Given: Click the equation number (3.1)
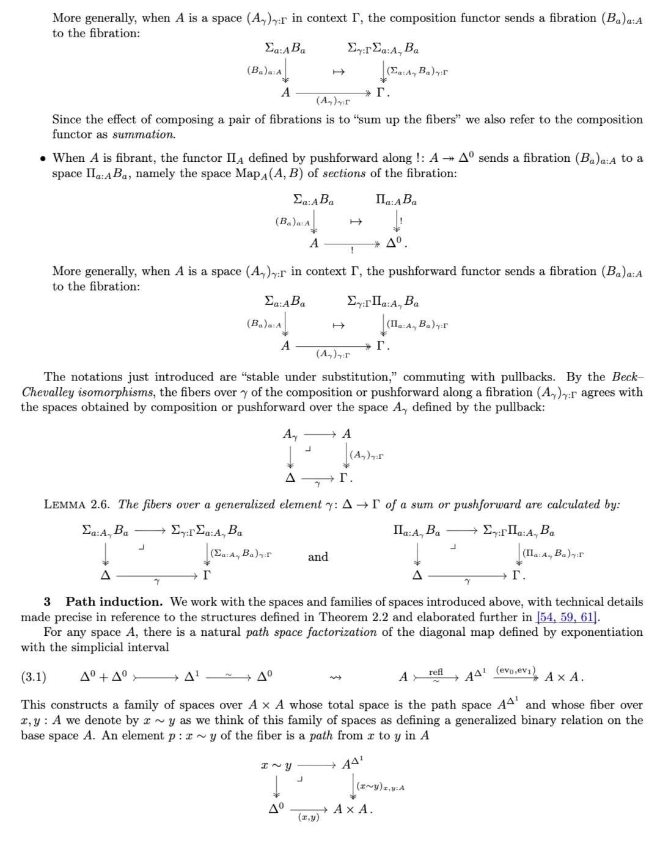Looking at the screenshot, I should [34, 677].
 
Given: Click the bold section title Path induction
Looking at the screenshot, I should [114, 602].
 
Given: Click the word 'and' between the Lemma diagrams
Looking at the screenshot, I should [318, 556].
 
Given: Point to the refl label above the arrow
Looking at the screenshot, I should [436, 672].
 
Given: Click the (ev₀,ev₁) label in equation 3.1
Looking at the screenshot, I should [516, 670].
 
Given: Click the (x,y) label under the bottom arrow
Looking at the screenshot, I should [309, 817].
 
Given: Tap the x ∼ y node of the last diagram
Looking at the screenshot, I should [276, 765].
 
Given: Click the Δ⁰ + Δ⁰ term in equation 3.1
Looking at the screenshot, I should [104, 677].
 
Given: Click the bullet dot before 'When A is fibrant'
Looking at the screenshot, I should [43, 159].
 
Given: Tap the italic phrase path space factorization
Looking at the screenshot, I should [311, 632].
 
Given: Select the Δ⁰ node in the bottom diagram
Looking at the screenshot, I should [276, 809].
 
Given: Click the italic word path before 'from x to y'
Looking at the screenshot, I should [321, 735].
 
